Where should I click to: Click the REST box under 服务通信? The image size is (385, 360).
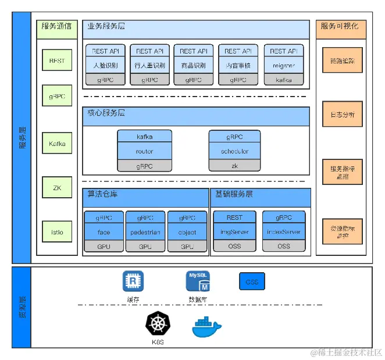[57, 60]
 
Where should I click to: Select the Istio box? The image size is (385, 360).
[57, 232]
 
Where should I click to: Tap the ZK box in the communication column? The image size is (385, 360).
[57, 188]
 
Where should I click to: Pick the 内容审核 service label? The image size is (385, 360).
[238, 66]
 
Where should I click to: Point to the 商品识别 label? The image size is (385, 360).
[194, 66]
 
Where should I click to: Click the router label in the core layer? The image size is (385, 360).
[144, 151]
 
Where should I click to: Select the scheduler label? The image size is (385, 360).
[234, 151]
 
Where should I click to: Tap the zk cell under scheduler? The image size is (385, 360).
[234, 166]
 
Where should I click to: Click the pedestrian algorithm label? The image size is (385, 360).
[145, 232]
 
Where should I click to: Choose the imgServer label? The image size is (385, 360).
[234, 232]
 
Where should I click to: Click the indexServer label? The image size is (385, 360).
[283, 232]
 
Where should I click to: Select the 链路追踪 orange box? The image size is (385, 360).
[343, 60]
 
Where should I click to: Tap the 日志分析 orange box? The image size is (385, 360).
[343, 114]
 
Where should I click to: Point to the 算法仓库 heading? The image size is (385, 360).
[103, 194]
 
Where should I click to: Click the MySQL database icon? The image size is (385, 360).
[198, 281]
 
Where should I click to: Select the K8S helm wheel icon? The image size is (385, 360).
[156, 325]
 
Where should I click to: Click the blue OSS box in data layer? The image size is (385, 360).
[252, 281]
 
